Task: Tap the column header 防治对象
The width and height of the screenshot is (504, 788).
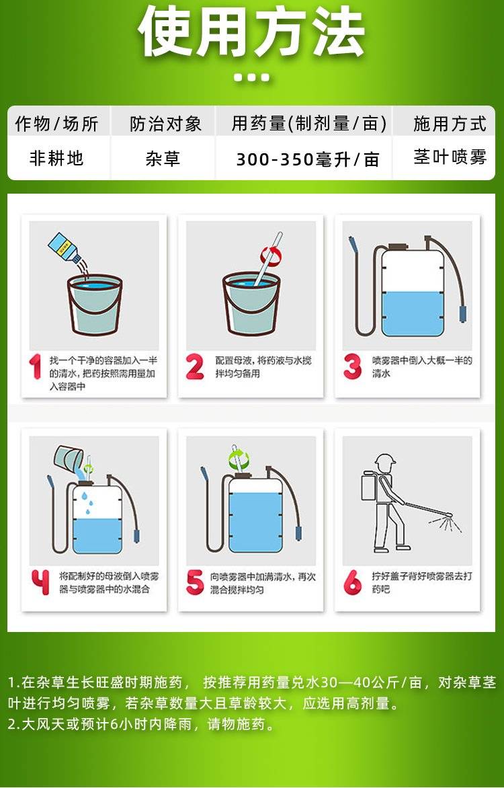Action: pyautogui.click(x=165, y=124)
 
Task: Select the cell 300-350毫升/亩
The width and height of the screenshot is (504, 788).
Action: pyautogui.click(x=308, y=159)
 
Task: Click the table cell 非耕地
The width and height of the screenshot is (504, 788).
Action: pyautogui.click(x=56, y=158)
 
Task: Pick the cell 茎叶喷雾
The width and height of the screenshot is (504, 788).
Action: pyautogui.click(x=450, y=157)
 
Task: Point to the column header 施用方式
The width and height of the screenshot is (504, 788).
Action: pyautogui.click(x=450, y=124)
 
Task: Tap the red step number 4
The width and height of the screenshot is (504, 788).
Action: pyautogui.click(x=40, y=582)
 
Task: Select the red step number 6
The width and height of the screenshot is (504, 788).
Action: pyautogui.click(x=352, y=582)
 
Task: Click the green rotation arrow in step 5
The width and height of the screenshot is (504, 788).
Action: pyautogui.click(x=239, y=459)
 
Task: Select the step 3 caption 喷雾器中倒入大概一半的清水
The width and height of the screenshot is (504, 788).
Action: pyautogui.click(x=421, y=367)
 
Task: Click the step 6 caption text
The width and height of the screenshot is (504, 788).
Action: pyautogui.click(x=421, y=582)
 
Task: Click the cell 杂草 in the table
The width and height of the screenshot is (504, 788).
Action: pyautogui.click(x=163, y=158)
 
